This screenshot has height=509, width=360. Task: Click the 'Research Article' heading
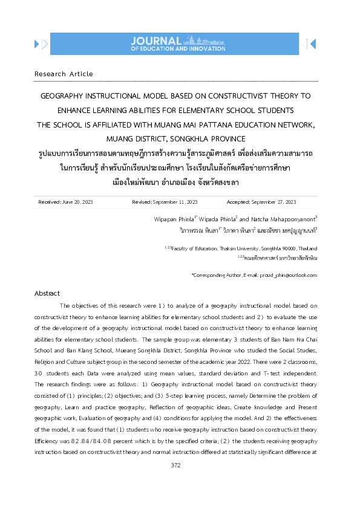64,74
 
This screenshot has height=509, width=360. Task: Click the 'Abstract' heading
47,293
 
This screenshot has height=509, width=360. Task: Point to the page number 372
177,465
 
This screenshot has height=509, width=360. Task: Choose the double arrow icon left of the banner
41,43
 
